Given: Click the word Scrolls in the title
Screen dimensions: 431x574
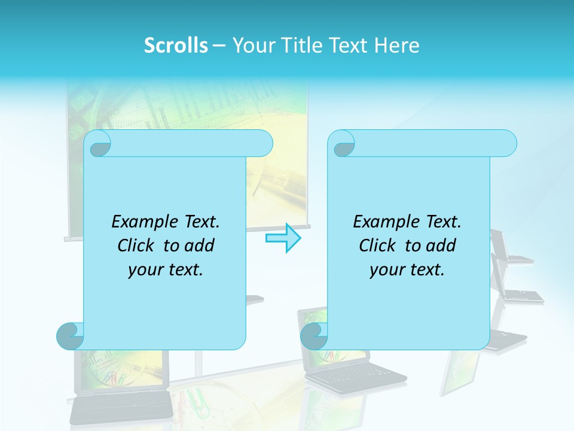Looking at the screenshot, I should point(176,45).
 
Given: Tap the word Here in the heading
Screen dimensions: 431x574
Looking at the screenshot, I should point(396,45).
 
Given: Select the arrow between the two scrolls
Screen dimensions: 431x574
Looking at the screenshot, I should point(283,238).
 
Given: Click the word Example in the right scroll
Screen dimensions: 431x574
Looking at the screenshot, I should point(383,221).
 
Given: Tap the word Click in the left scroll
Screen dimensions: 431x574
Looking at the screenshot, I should point(138,245).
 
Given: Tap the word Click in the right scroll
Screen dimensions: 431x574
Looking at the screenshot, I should point(380,245).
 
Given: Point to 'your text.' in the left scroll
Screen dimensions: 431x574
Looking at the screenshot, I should point(165,269).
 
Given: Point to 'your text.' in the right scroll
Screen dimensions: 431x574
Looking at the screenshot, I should point(407,269).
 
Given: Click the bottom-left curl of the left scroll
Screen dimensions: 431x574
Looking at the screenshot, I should point(70,335).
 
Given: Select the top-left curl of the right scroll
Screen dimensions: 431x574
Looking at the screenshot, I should point(343,144).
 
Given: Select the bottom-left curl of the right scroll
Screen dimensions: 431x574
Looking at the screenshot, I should point(314,335).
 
